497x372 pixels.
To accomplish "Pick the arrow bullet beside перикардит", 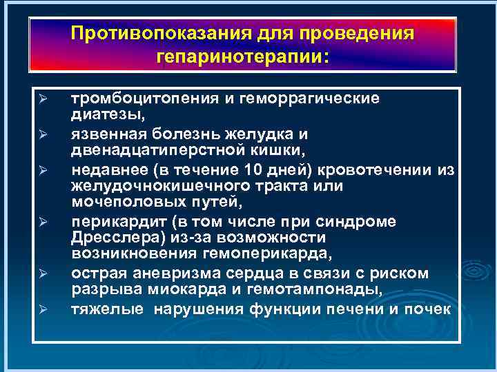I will (x=42, y=223).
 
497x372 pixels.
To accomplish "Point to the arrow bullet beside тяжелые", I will (x=42, y=309).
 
